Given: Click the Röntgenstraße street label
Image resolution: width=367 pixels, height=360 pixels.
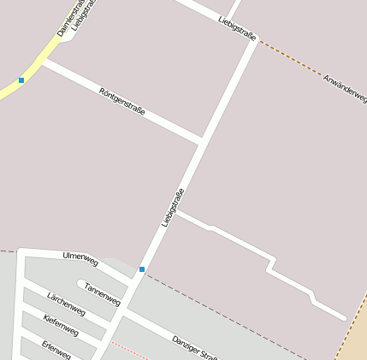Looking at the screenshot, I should [121, 101].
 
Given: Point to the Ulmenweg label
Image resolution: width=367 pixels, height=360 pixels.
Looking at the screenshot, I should [81, 257].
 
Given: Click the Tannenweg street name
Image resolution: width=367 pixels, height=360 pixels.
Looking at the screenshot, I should [102, 294].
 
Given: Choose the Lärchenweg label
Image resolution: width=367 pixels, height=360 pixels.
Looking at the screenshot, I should [66, 303].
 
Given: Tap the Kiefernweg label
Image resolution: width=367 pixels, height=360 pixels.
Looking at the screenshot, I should [61, 324].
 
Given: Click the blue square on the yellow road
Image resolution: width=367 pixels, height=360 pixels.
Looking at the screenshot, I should [21, 80].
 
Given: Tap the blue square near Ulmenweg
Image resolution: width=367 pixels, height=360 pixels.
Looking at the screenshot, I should [142, 269].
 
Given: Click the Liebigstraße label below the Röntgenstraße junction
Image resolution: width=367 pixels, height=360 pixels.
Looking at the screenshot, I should [173, 208].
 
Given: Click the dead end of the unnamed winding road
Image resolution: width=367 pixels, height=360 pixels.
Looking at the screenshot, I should [344, 317].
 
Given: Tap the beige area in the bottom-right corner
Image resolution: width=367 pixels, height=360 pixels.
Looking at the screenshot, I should [354, 338].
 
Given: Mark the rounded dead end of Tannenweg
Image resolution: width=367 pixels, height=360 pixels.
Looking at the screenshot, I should [80, 284].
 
